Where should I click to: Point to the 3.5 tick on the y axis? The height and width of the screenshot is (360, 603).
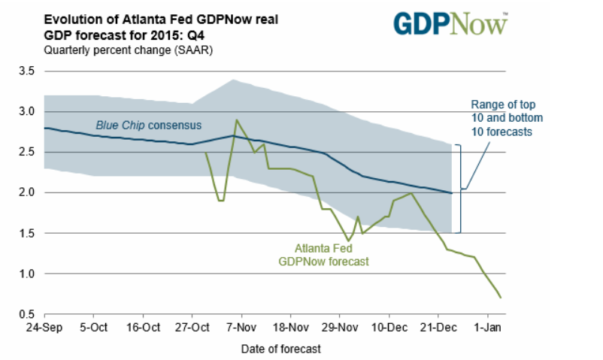pos(27,71)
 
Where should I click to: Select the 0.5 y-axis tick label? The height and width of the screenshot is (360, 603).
pos(27,314)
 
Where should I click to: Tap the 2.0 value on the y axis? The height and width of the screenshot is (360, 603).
pos(27,192)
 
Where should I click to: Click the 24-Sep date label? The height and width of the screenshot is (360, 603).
pos(44,328)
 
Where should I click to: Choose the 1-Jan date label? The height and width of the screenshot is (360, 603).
pos(488,328)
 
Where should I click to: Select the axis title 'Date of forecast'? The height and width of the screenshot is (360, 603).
pos(280,349)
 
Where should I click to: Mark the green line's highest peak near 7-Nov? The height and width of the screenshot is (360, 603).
pos(237,119)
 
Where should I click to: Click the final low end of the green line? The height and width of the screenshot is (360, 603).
pos(500,298)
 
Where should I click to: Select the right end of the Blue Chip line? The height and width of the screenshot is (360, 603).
pos(451,193)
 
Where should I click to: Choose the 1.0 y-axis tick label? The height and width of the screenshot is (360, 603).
pos(27,274)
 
